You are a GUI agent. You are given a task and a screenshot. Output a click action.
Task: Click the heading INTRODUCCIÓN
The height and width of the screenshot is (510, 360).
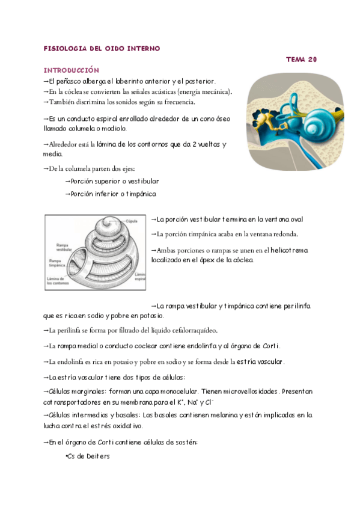tap(71, 70)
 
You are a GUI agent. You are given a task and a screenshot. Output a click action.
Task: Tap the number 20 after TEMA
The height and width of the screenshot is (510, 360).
tap(311, 59)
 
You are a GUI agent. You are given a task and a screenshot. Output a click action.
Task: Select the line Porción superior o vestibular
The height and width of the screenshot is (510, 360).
tap(112, 181)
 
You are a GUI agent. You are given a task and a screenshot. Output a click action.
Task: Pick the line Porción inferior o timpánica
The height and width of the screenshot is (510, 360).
tap(110, 194)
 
